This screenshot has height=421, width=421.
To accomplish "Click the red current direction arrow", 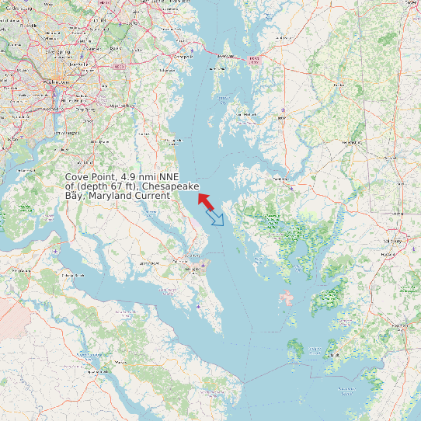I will point(206,200).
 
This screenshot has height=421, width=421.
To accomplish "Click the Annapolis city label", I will point(183,57).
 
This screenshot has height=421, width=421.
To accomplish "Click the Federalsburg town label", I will point(353,143).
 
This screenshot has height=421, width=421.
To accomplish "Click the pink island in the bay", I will point(288,297).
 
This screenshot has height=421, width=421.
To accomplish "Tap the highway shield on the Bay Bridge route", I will point(251,59).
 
